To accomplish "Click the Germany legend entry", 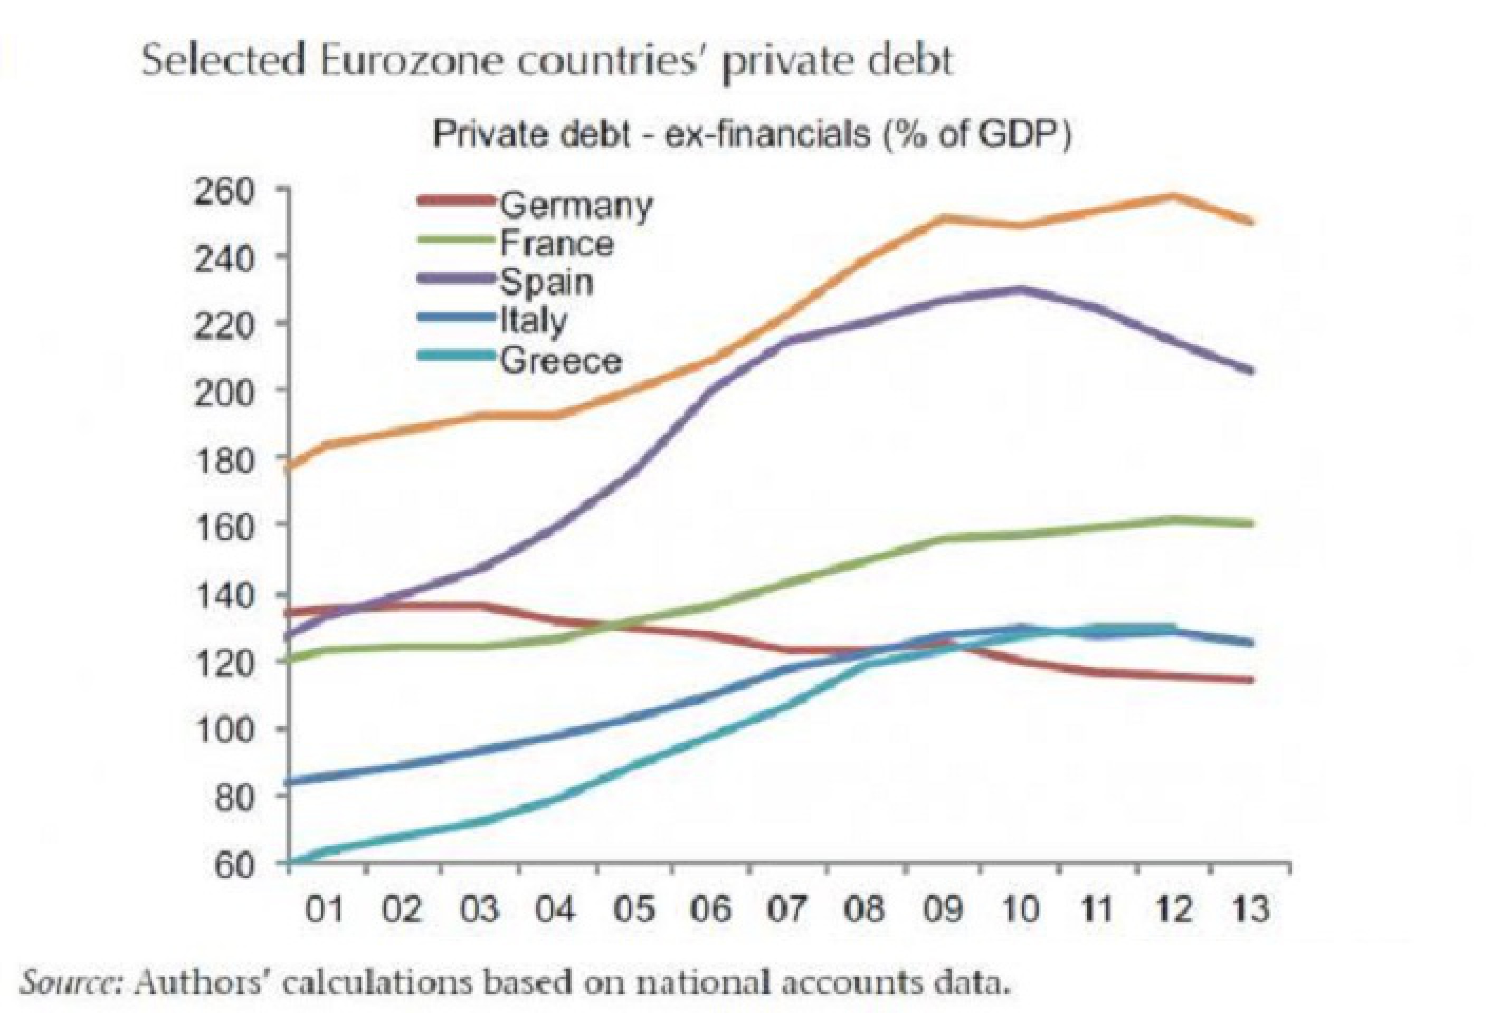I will tap(575, 205).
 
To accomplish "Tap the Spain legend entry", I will tap(546, 283).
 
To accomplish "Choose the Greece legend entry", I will tap(560, 360).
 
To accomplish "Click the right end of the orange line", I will tap(1250, 222).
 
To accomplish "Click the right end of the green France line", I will tap(1250, 523).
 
